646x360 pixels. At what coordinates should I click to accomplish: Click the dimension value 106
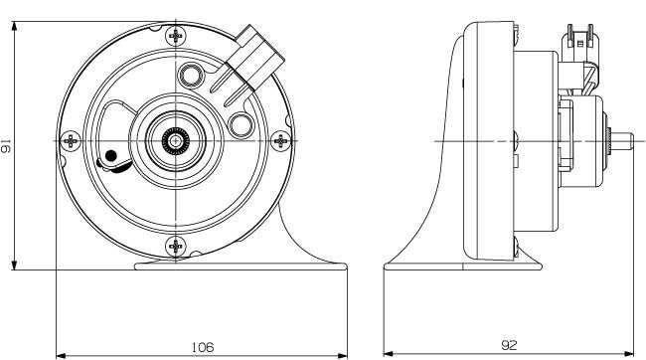[202, 346]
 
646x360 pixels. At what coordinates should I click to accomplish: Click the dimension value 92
[509, 345]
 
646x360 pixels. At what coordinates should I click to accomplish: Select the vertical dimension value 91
[6, 146]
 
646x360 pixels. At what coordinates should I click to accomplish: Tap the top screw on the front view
[176, 36]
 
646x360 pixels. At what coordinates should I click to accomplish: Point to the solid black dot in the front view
[110, 155]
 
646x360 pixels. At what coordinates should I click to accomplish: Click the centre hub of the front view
[176, 141]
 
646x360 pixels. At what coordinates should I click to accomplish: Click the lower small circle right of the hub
[240, 123]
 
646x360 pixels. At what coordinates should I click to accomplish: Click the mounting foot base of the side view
[462, 265]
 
